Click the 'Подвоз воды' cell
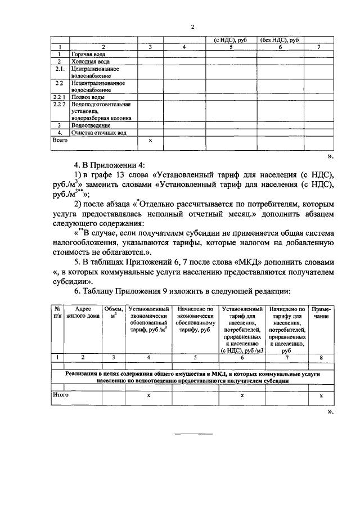coord(85,97)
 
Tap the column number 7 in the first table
coord(319,47)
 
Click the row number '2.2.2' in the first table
coord(60,105)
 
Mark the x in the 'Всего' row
coord(150,140)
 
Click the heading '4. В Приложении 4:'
coord(109,165)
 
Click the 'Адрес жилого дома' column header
coord(82,313)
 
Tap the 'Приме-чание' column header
coord(321,313)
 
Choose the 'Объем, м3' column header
coord(113,313)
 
